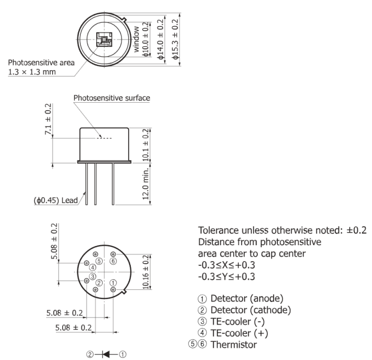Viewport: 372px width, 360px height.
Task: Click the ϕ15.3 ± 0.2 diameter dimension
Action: [175, 39]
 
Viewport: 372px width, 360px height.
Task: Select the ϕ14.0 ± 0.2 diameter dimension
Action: [160, 39]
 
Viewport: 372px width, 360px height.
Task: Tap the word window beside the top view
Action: [136, 39]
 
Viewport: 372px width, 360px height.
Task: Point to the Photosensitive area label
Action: [41, 63]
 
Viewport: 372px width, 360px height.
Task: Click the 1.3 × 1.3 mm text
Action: [32, 72]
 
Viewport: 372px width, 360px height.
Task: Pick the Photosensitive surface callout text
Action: [112, 98]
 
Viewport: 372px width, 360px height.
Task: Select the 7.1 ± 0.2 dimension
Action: [48, 119]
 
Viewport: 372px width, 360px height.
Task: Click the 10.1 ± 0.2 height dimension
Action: [146, 145]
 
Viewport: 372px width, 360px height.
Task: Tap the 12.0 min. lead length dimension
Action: [146, 183]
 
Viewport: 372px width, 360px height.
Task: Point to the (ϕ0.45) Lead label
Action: [56, 200]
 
